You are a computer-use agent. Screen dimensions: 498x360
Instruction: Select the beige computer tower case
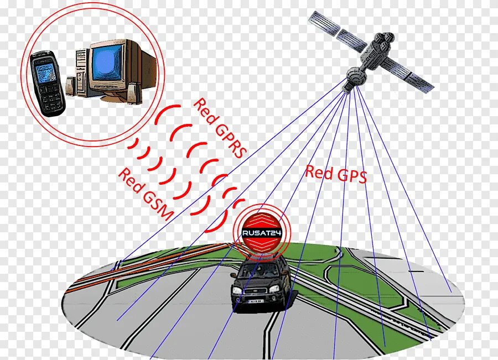coord(81,71)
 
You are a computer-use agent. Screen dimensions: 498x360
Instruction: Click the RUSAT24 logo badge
coord(262,233)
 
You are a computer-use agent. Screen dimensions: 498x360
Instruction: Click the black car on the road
coord(260,284)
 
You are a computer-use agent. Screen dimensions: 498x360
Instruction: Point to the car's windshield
coord(260,270)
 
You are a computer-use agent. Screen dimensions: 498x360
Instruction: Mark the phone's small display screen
coord(43,69)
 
